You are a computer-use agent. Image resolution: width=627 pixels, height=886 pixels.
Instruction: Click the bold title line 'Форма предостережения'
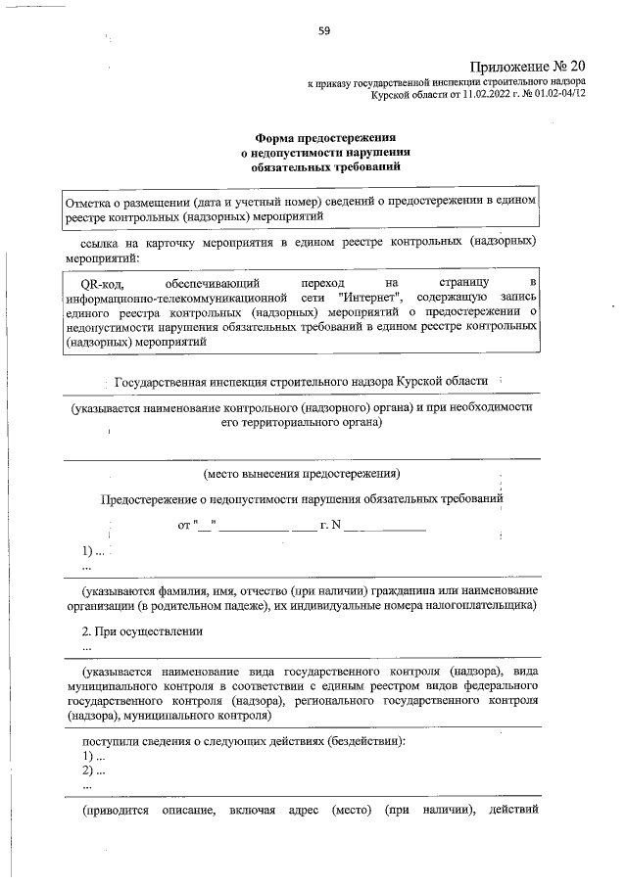tap(325, 138)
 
